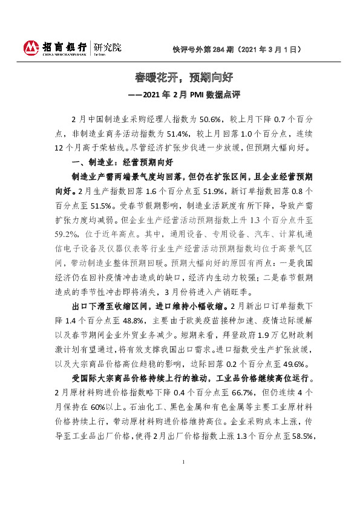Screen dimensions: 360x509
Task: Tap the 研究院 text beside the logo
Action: click(x=107, y=45)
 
